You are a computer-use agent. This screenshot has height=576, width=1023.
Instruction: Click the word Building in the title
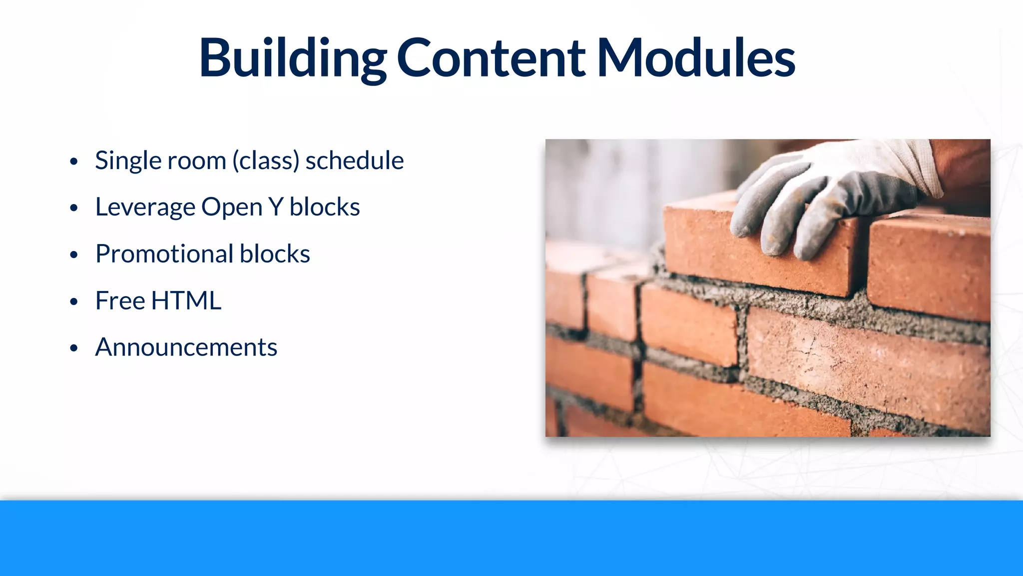[x=292, y=58]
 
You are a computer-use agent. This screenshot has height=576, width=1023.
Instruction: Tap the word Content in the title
[x=491, y=58]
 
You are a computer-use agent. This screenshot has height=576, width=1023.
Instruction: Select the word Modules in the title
[x=696, y=58]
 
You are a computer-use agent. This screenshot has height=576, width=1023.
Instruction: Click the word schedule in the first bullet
[x=355, y=160]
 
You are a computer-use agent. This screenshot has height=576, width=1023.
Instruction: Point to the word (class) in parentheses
[x=266, y=161]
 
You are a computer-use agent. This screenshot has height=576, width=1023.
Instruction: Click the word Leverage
[x=145, y=207]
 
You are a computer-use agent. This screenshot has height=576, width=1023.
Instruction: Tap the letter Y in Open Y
[x=276, y=207]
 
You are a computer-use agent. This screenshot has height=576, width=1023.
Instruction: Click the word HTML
[x=186, y=300]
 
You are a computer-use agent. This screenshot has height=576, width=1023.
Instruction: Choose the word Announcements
[x=186, y=347]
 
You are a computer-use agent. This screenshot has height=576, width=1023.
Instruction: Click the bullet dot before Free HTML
[x=74, y=301]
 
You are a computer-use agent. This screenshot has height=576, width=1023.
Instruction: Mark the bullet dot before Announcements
[x=74, y=348]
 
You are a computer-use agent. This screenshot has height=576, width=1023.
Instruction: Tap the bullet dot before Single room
[x=74, y=161]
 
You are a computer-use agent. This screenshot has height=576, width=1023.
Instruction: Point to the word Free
[x=120, y=300]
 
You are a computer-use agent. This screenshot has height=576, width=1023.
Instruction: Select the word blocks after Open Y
[x=325, y=207]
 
